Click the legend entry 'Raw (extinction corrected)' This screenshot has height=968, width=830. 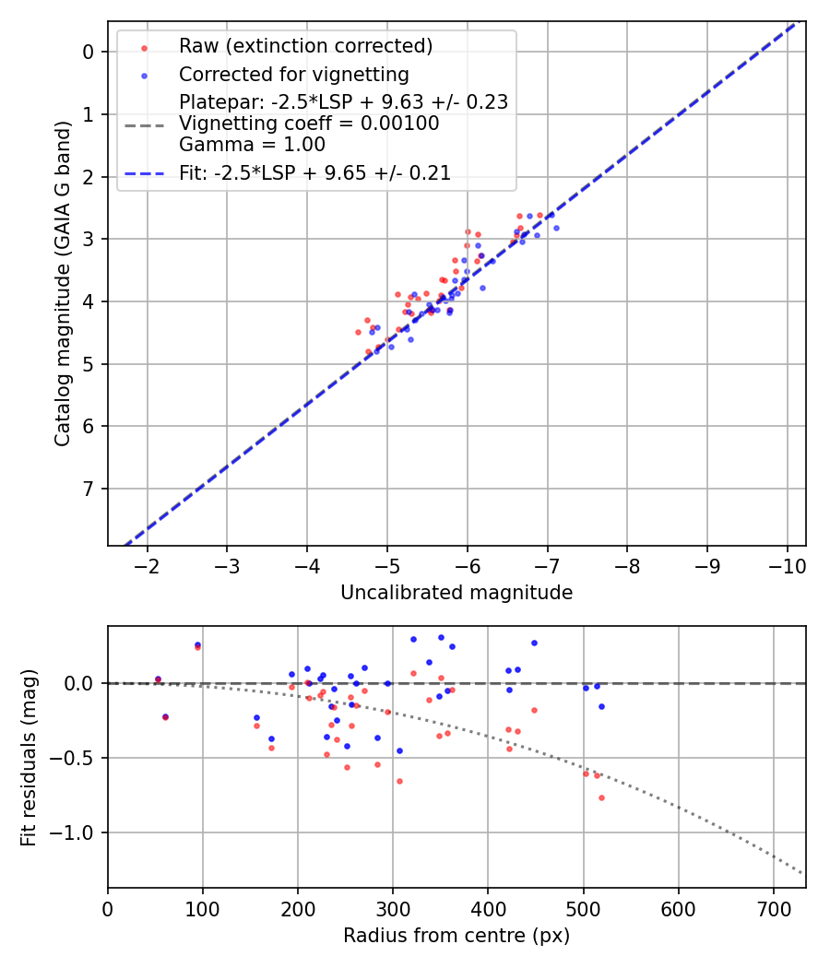[x=305, y=46]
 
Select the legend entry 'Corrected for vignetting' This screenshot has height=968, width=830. [x=293, y=74]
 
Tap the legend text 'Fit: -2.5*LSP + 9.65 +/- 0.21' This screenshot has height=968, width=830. [x=314, y=173]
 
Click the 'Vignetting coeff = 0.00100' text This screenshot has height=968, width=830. [x=309, y=124]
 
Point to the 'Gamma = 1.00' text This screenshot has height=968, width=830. [x=252, y=145]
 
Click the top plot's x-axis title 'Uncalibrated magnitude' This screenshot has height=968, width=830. [x=456, y=593]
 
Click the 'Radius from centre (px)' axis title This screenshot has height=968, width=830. [x=456, y=936]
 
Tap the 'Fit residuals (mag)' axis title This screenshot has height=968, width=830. [x=29, y=757]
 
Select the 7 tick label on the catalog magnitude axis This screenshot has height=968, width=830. [x=89, y=489]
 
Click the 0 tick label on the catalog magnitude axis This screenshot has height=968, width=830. [x=89, y=52]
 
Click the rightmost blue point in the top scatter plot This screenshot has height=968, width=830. [x=556, y=228]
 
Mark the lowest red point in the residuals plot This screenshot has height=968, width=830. [x=601, y=797]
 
